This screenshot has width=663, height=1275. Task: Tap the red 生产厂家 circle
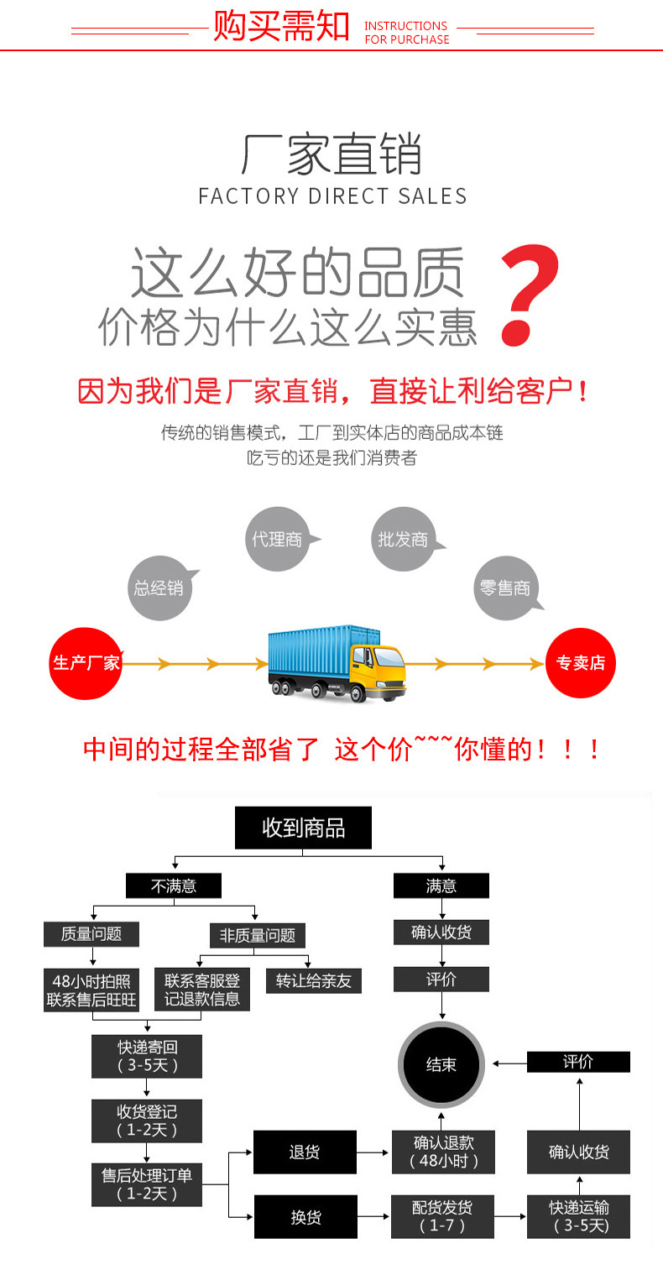pos(86,663)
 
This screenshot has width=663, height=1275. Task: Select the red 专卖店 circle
pos(581,663)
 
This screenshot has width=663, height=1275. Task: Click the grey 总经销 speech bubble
pos(159,588)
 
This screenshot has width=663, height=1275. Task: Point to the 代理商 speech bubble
pos(278,539)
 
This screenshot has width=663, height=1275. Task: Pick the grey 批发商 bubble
pos(403,539)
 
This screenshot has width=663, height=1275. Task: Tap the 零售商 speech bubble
pos(505,588)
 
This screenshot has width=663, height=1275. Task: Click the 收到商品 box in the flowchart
pos(304,828)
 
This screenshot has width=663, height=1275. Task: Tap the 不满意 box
pos(174,886)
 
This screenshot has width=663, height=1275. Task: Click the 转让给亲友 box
pos(314,980)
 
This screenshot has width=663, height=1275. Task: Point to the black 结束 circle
pos(441,1064)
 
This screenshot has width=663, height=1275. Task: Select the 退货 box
pos(305,1152)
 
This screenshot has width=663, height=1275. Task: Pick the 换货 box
pos(305,1216)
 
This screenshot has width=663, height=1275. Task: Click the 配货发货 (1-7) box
pos(441,1216)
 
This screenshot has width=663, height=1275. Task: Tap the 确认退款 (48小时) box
pos(443,1152)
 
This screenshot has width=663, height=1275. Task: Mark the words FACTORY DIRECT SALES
pos(332,196)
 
